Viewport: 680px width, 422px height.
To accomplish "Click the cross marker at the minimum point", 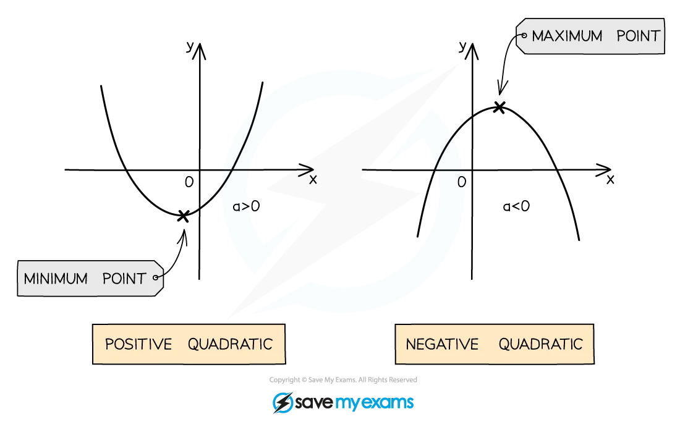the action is (x=183, y=216).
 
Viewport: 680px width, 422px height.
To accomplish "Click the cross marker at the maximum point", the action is (x=499, y=107).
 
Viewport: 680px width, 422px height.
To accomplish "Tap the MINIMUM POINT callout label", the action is (x=90, y=278).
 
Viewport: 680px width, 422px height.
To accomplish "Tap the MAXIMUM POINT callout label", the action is (x=590, y=36).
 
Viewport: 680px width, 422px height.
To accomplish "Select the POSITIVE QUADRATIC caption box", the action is (x=189, y=344).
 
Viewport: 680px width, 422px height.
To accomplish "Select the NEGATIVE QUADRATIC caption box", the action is (x=495, y=344).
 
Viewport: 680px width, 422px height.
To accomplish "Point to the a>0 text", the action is (x=246, y=206).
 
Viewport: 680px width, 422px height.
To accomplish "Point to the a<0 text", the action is (x=516, y=206).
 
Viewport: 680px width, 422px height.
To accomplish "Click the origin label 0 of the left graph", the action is (x=189, y=182).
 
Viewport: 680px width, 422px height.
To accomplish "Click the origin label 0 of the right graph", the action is (x=461, y=182).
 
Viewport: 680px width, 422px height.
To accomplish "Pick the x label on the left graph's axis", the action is (x=313, y=179).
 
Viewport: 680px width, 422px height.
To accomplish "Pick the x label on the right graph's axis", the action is (x=611, y=179).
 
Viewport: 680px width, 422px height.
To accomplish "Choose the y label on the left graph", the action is (x=190, y=46).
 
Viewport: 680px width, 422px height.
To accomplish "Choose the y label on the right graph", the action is (x=462, y=46).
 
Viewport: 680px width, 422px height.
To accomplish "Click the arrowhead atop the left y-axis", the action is (x=200, y=51).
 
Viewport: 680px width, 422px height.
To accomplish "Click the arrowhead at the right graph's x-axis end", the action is (x=604, y=170).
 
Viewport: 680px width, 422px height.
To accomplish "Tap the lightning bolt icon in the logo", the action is (x=283, y=402).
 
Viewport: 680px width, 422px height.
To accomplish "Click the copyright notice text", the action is (x=343, y=380).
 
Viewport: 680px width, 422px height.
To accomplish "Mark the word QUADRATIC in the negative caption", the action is (x=540, y=344).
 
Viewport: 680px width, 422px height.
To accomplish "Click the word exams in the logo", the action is (x=387, y=402).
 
